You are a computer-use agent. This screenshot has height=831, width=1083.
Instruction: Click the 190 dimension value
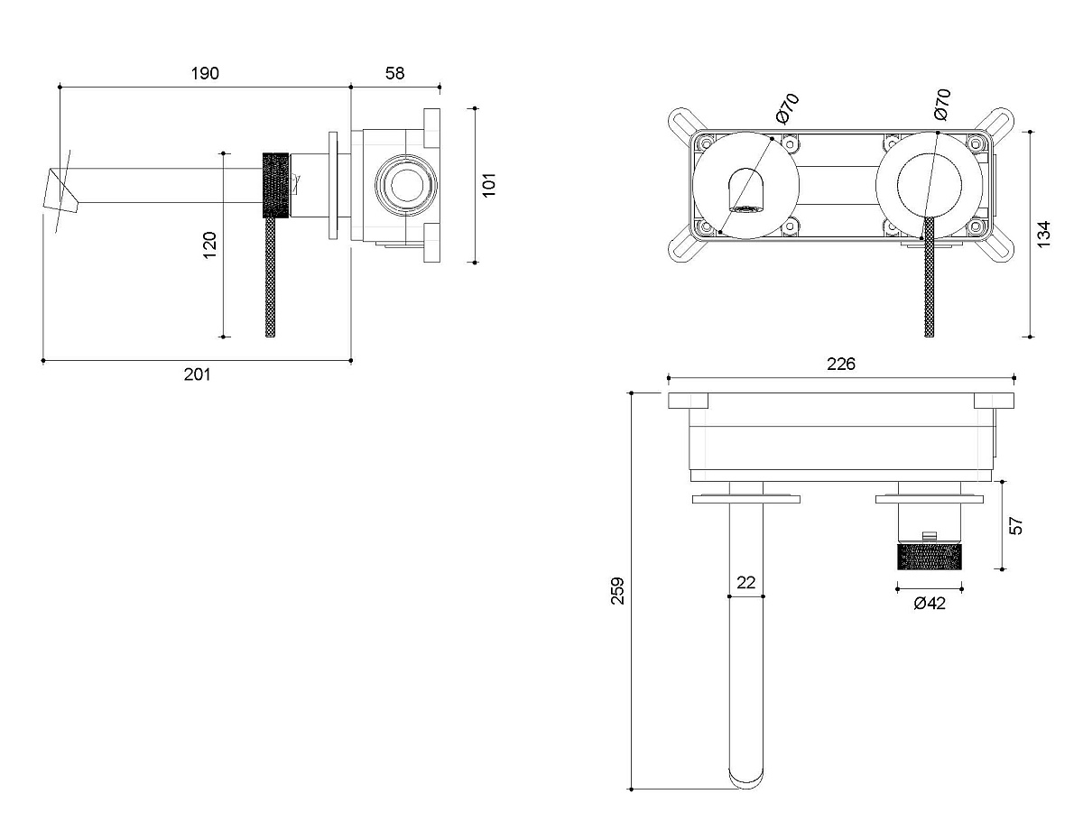pos(205,74)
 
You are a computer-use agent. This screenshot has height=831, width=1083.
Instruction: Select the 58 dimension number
pos(395,74)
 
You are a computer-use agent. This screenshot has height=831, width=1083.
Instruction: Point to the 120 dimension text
pos(208,244)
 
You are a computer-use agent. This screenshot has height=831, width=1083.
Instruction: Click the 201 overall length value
pos(197,374)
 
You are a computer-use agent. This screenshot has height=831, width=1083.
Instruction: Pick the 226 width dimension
pos(840,365)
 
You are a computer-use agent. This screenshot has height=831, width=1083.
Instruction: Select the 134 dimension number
pos(1044,234)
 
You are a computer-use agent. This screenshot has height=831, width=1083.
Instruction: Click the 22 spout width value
pos(745,583)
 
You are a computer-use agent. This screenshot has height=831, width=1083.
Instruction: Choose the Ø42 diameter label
pos(929,604)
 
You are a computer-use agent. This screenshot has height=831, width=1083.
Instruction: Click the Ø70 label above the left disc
pos(787,108)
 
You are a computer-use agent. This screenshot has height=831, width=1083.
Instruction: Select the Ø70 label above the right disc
pos(941,105)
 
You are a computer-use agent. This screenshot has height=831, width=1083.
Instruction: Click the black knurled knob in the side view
pos(276,185)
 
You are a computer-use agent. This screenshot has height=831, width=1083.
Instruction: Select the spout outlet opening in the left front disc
pos(745,191)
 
